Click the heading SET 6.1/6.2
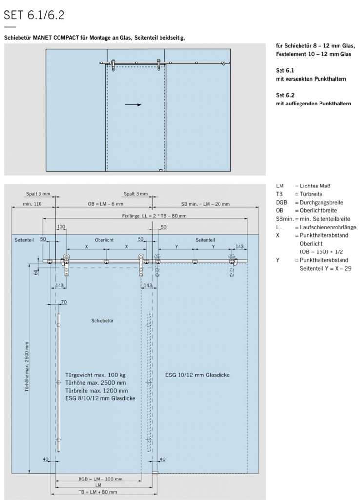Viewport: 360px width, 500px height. [x=34, y=15]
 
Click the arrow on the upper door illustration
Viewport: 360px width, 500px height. [x=133, y=104]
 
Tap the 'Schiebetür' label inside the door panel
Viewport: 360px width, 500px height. [x=102, y=321]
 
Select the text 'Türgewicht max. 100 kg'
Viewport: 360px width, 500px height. [x=96, y=375]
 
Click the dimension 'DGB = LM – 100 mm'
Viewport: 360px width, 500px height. [x=100, y=479]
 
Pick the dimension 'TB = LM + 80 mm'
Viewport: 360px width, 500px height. [x=98, y=492]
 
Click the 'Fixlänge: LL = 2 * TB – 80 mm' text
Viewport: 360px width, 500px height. [x=155, y=215]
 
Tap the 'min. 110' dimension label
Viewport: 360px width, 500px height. [x=33, y=203]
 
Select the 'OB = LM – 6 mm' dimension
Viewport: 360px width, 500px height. [x=105, y=203]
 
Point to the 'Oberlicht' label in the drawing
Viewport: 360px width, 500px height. [x=104, y=240]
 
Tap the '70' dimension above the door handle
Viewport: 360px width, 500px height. [x=63, y=302]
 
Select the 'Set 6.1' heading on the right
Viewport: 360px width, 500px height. [x=284, y=71]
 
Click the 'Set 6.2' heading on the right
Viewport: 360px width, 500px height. [x=284, y=95]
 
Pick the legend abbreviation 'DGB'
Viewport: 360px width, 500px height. [x=281, y=202]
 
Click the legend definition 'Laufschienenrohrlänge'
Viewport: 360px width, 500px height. [x=325, y=227]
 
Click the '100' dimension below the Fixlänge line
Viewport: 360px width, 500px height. [x=61, y=227]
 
